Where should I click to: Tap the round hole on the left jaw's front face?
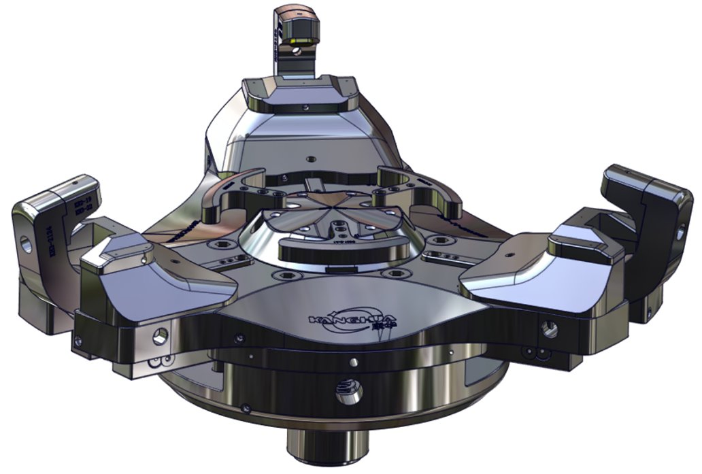[161, 335]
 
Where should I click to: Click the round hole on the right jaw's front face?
[550, 330]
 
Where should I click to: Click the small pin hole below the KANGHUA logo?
[353, 361]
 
